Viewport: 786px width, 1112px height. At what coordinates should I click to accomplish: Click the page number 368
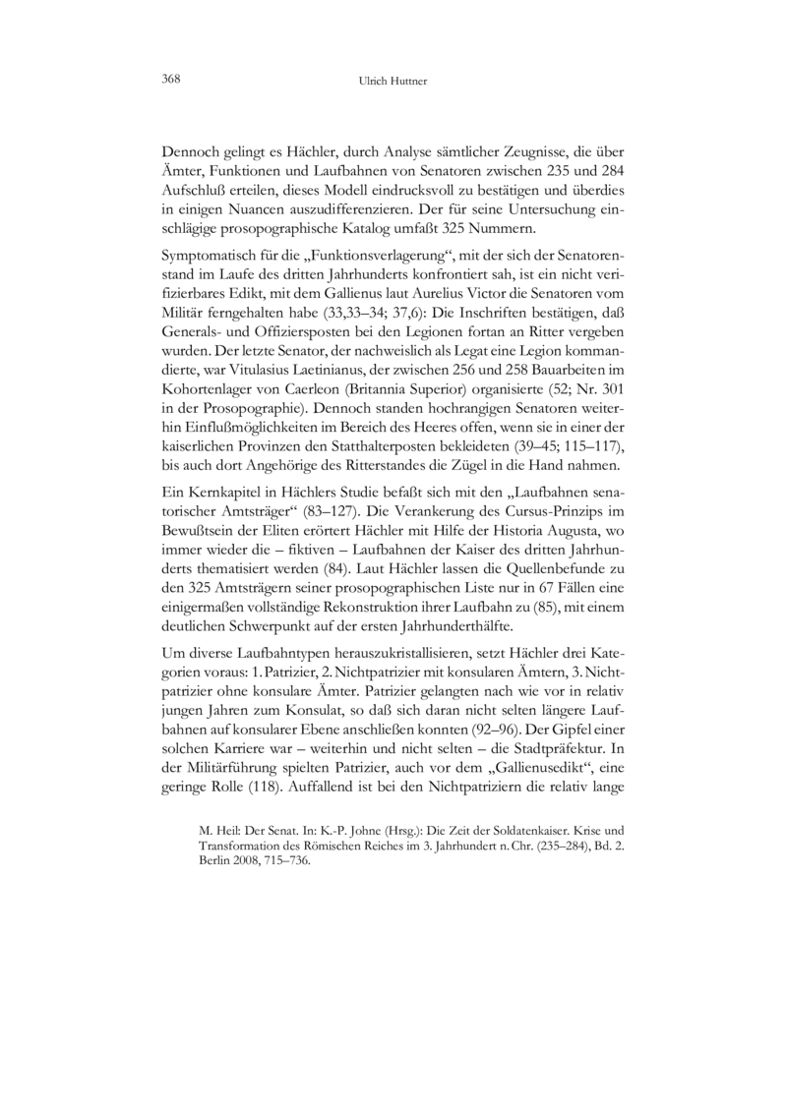click(171, 80)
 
